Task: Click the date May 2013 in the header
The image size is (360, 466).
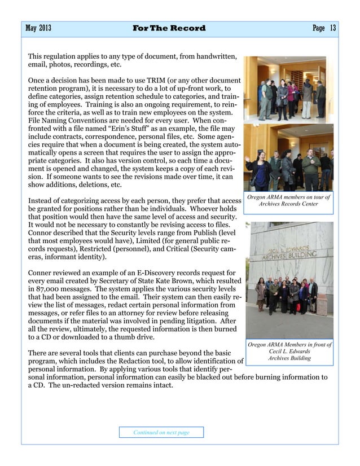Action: pos(38,28)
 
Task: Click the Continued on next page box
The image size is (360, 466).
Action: pos(161,432)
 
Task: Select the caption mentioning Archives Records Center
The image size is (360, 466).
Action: pos(288,200)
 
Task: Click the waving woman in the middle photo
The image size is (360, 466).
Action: pos(260,164)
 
